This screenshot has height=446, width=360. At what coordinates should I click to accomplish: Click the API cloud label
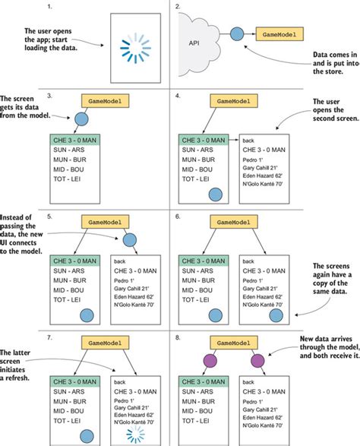[194, 43]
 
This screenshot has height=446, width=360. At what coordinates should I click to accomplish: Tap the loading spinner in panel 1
[135, 48]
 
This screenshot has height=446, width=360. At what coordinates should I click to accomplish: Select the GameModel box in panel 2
[279, 34]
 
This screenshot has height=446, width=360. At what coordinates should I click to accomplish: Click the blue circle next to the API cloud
[237, 34]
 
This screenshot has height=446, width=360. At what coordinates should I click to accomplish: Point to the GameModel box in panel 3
[106, 101]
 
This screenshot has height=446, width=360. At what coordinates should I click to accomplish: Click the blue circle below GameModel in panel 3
[81, 119]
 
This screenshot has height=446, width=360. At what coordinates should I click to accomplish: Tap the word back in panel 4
[248, 141]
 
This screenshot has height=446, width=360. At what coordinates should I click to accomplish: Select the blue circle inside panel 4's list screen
[216, 195]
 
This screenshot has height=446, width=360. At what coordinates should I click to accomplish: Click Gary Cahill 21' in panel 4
[260, 168]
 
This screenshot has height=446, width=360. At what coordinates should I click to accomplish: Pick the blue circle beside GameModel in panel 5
[130, 240]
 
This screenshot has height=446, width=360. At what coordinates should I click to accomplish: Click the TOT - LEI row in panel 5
[67, 300]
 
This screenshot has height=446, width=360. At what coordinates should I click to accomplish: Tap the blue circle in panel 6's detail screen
[276, 315]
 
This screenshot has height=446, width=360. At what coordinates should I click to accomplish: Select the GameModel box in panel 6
[234, 222]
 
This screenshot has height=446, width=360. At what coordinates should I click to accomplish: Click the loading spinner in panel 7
[136, 435]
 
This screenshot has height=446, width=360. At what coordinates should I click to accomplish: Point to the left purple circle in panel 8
[210, 361]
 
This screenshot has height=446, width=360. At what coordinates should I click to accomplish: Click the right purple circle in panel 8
[257, 361]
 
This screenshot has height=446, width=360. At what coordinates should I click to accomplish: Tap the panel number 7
[49, 337]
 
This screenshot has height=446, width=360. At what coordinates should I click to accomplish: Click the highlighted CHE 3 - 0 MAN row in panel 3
[74, 141]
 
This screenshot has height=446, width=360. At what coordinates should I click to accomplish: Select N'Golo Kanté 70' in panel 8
[263, 425]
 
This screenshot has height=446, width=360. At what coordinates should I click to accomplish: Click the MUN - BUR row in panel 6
[198, 280]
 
